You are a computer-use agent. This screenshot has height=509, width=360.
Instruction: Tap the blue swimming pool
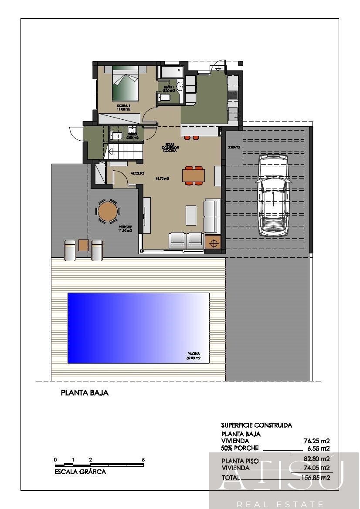coord(138,328)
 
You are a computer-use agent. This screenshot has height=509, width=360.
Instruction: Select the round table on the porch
coord(107,212)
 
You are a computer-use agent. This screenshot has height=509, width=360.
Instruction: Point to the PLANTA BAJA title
coord(85,393)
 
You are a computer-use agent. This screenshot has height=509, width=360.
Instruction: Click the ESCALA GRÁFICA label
coord(80,472)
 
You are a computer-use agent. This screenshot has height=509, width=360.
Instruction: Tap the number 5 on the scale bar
coord(143,460)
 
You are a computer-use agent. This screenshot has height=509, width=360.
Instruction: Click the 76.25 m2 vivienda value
coord(316,441)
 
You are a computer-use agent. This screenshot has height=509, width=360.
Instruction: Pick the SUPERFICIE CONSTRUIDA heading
coord(256,425)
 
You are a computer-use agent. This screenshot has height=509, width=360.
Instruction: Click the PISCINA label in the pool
coord(194,354)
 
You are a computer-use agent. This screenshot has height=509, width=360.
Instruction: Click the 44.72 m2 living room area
coord(162,179)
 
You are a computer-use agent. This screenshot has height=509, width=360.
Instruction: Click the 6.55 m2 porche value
coord(318,448)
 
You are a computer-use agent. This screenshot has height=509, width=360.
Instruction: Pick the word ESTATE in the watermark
coord(300,504)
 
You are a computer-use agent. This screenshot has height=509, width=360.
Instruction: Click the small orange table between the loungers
coord(84,245)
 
